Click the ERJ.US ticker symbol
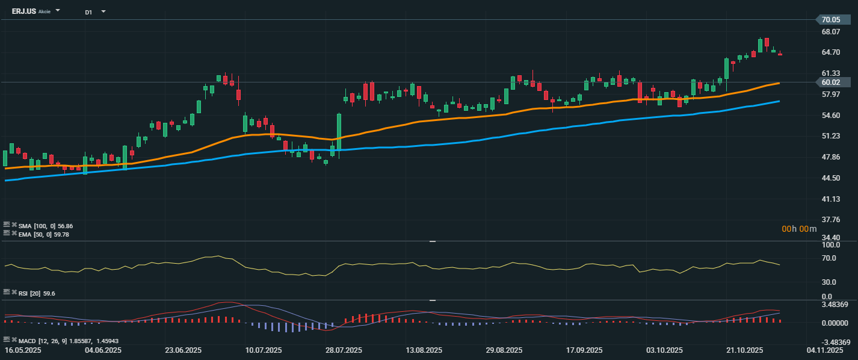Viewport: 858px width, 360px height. pyautogui.click(x=24, y=11)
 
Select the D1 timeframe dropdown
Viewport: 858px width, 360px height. pyautogui.click(x=88, y=12)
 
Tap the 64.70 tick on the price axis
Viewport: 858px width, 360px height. pyautogui.click(x=830, y=52)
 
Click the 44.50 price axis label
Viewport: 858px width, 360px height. pyautogui.click(x=830, y=178)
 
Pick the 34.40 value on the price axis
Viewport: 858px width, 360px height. pyautogui.click(x=830, y=238)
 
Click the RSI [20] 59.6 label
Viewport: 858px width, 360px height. pyautogui.click(x=37, y=293)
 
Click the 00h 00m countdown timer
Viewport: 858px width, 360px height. pyautogui.click(x=799, y=229)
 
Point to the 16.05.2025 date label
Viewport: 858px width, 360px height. pyautogui.click(x=23, y=350)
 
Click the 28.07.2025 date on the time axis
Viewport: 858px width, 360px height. pyautogui.click(x=344, y=350)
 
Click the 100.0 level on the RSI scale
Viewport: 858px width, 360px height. pyautogui.click(x=830, y=246)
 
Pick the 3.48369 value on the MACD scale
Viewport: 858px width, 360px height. pyautogui.click(x=835, y=305)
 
